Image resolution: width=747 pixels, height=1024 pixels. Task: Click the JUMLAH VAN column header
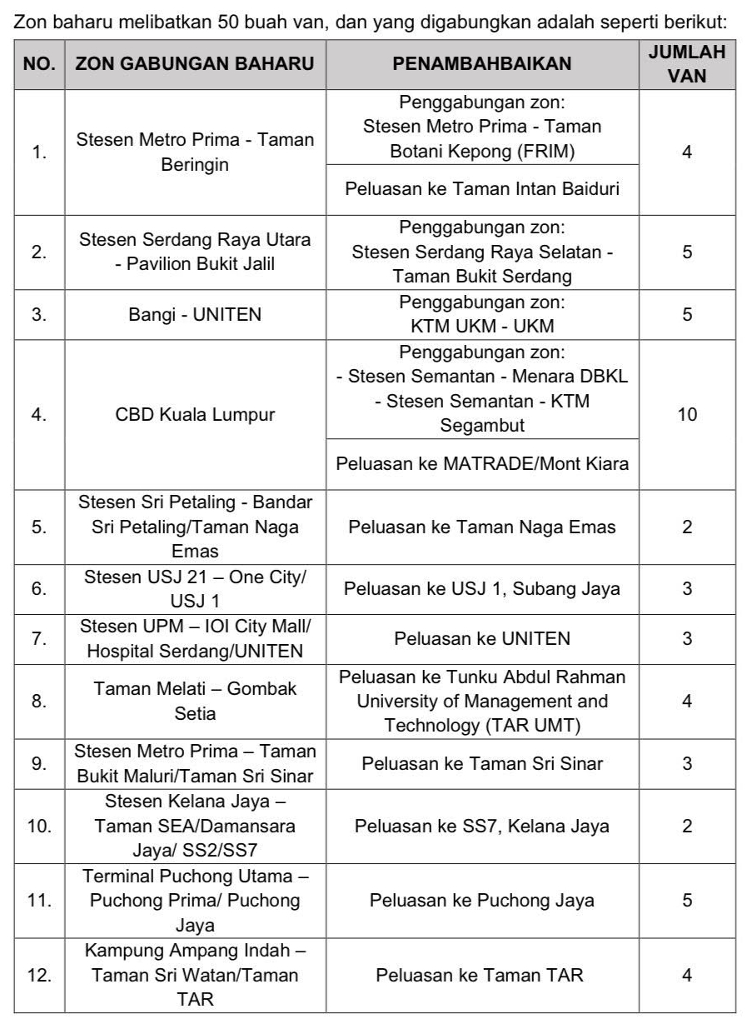coord(686,63)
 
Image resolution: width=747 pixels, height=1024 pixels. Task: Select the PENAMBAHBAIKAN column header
coord(482,64)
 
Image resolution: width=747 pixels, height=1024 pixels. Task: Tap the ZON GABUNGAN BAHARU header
coord(195,64)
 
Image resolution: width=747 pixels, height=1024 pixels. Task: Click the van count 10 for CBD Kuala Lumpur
coord(686,414)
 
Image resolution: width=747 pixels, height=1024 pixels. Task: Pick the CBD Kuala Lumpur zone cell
coord(195,414)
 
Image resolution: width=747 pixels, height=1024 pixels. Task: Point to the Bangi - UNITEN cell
coord(195,314)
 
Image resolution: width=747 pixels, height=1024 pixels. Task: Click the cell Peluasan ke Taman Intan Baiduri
coord(482,189)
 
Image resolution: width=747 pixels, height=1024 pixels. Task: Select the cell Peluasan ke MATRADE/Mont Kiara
coord(482,463)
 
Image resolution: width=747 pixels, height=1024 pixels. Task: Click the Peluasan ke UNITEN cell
coord(482,639)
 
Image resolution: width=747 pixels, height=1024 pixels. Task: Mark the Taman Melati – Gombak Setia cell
coord(195,702)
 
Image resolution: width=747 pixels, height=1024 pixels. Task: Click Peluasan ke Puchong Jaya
coord(482,900)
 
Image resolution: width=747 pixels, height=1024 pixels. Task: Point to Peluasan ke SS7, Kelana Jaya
coord(482,827)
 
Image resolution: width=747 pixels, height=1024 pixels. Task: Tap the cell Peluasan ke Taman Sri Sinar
coord(482,763)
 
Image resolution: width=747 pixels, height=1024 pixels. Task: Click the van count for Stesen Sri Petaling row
coord(686,527)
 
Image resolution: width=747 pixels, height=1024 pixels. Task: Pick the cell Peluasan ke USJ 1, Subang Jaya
coord(482,589)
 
